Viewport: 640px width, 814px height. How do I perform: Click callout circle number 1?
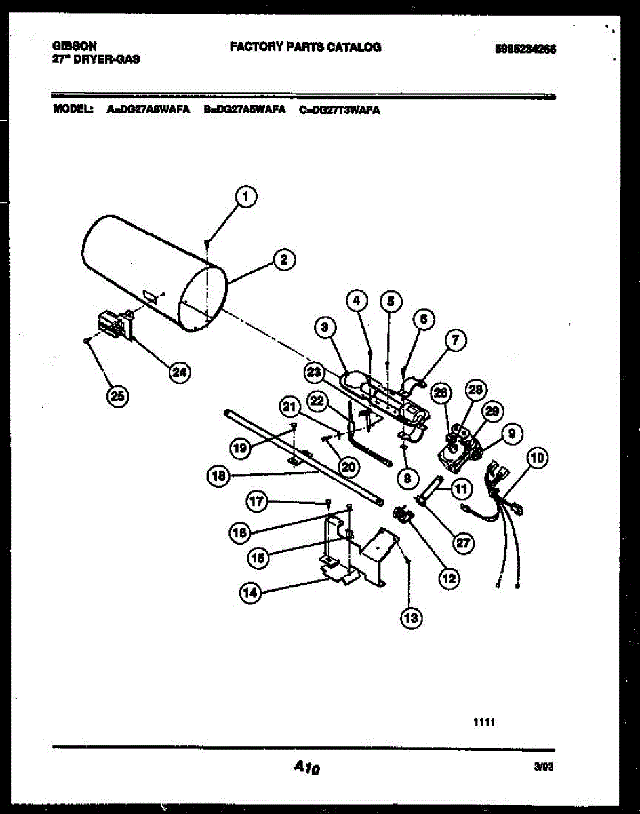(246, 197)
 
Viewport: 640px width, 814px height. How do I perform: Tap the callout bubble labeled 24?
(179, 372)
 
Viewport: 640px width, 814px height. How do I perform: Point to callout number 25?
(118, 397)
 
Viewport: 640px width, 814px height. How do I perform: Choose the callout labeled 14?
(249, 593)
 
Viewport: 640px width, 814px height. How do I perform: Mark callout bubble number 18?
(218, 476)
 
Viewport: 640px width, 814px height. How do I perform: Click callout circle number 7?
(455, 341)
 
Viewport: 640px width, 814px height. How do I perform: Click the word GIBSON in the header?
(74, 46)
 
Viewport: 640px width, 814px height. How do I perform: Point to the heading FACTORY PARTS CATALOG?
(305, 47)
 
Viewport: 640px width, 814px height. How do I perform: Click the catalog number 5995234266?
(525, 49)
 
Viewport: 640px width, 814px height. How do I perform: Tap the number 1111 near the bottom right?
(484, 723)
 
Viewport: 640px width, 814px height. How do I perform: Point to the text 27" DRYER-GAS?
(96, 59)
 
